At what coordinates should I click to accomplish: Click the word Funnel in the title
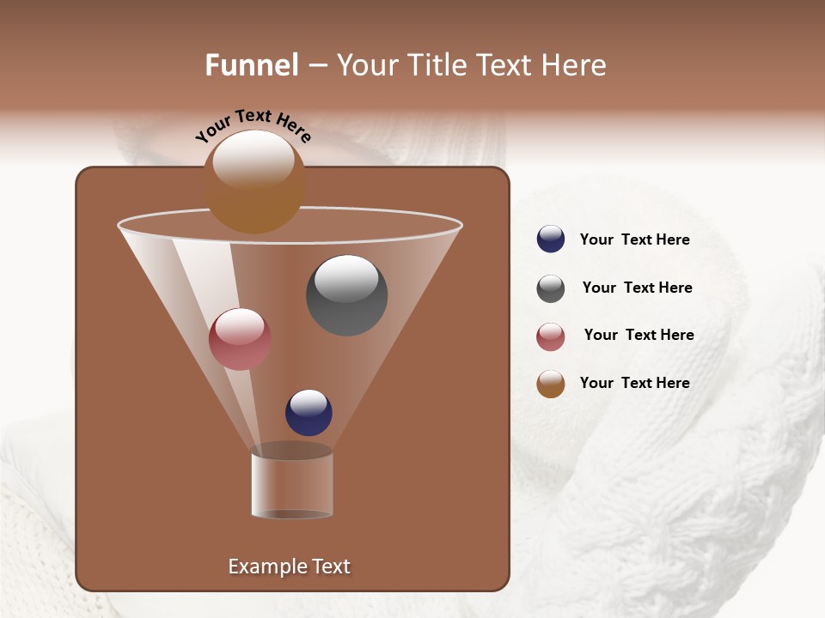252,65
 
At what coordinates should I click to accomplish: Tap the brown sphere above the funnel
254,183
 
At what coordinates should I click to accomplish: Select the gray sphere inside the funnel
346,295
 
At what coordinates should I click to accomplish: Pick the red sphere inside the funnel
240,339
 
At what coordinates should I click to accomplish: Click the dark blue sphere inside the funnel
309,413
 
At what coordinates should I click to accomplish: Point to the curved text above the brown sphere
254,124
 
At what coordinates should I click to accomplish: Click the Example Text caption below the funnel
289,566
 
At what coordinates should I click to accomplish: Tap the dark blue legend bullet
551,239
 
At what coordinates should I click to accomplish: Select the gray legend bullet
551,288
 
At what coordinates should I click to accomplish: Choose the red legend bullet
551,336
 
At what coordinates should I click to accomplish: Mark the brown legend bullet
551,384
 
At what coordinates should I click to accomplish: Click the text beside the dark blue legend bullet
634,240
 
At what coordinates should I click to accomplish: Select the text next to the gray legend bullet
637,288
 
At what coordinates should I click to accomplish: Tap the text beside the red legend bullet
639,336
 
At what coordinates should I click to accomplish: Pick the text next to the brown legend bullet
634,383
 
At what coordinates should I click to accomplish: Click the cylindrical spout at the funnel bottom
292,484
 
